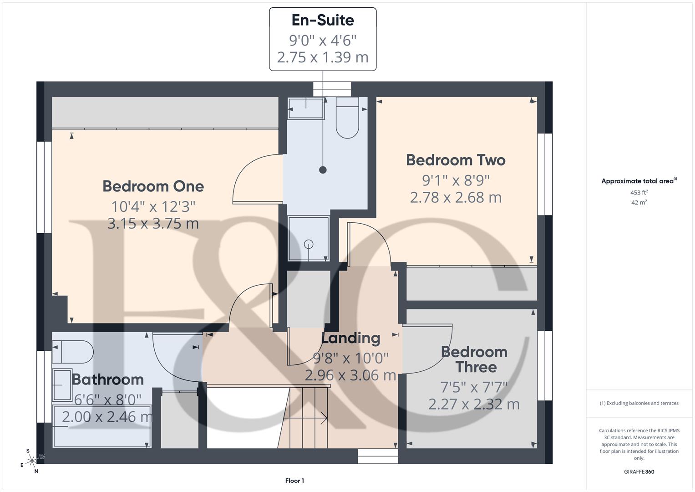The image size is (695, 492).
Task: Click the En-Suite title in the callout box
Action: [x=323, y=20]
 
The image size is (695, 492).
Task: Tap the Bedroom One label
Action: [x=153, y=186]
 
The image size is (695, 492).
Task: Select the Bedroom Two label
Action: [x=456, y=160]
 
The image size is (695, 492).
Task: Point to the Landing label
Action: [x=350, y=338]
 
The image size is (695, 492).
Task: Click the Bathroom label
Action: [x=108, y=379]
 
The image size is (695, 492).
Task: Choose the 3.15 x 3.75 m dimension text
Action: [x=153, y=224]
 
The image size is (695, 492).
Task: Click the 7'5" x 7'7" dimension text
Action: [x=474, y=387]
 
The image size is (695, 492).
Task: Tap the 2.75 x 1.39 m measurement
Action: [x=323, y=57]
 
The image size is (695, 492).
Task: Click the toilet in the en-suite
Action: [x=347, y=118]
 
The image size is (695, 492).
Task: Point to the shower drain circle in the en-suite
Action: [x=309, y=244]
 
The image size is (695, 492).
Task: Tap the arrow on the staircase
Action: [x=324, y=418]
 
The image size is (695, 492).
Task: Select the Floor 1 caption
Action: [x=294, y=481]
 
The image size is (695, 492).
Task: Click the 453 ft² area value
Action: [x=639, y=193]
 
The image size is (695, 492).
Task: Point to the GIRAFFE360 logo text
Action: [x=639, y=471]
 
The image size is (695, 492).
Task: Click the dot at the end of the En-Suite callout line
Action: [x=323, y=170]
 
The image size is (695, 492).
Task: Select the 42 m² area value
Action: [x=639, y=203]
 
